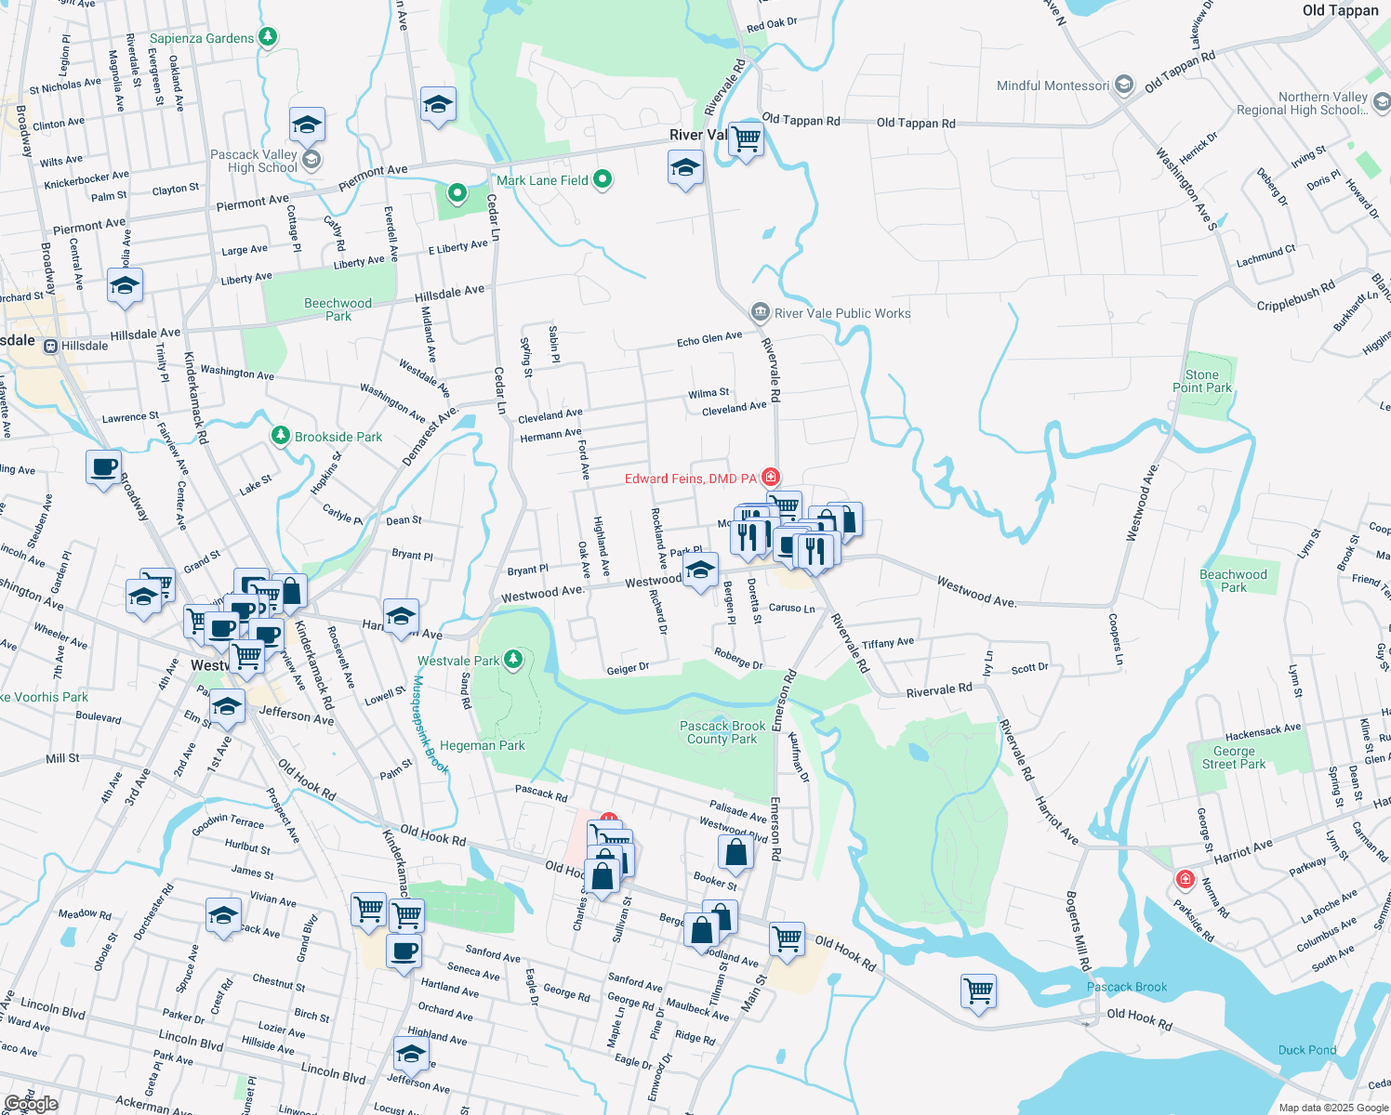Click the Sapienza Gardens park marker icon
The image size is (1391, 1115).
[x=268, y=37]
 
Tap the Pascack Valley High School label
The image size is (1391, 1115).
[x=254, y=161]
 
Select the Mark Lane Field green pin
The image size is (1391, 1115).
[x=603, y=179]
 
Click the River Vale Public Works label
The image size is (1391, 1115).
[x=842, y=313]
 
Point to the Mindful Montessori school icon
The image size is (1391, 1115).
[x=1124, y=85]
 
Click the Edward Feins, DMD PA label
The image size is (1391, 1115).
[x=691, y=479]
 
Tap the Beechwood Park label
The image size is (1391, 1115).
[x=338, y=309]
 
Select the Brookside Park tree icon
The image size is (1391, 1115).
[x=280, y=436]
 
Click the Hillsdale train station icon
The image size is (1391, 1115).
[x=50, y=346]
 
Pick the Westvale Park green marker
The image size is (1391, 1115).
[x=512, y=661]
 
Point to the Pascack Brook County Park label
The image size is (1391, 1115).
[x=722, y=732]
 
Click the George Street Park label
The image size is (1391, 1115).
[x=1233, y=757]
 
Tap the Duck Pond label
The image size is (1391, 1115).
[x=1306, y=1050]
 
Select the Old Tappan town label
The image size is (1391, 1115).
[x=1340, y=10]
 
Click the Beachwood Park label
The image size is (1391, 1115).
[x=1233, y=581]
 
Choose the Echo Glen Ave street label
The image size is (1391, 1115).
[x=709, y=339]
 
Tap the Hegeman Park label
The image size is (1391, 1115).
[x=483, y=745]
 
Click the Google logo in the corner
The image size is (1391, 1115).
[x=31, y=1104]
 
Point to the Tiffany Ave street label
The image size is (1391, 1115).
[x=888, y=643]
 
